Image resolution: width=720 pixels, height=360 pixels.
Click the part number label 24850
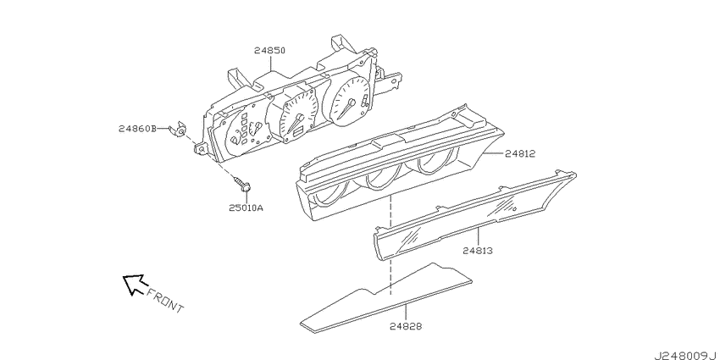269,50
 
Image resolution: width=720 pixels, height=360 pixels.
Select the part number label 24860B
137,129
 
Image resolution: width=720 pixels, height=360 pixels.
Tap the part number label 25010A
246,208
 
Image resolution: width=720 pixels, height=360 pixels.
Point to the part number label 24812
520,154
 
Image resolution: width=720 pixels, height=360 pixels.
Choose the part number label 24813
478,251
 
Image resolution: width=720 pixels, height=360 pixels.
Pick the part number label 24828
406,326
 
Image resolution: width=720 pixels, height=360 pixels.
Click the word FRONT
165,301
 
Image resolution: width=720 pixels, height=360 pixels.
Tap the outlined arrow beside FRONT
135,283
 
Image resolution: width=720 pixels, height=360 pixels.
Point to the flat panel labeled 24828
385,298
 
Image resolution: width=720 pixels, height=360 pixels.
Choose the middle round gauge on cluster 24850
298,117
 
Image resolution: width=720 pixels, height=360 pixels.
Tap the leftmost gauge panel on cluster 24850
245,130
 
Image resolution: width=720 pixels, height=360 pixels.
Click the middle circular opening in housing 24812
380,178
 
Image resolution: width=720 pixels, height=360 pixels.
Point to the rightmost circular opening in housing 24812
433,163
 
